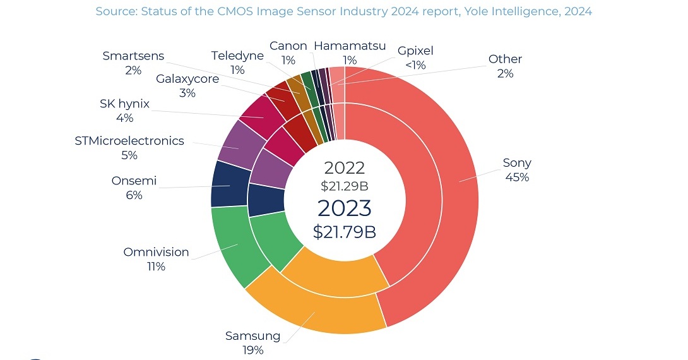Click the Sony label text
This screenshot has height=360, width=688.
(x=517, y=163)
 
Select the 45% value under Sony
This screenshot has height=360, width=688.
(x=517, y=177)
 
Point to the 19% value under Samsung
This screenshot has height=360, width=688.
(x=252, y=350)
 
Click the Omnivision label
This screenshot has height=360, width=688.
(x=156, y=252)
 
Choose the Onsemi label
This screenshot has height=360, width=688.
(x=134, y=181)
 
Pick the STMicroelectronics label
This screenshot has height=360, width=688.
(x=129, y=140)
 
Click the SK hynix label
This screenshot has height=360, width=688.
(x=124, y=104)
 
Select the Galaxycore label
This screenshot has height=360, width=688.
(x=187, y=79)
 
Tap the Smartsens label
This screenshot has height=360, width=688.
(x=133, y=56)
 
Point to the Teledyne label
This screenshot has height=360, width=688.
(x=237, y=56)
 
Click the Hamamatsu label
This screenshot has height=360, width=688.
(x=350, y=46)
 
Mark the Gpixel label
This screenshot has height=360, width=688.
(x=415, y=51)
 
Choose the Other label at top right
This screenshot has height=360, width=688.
(x=505, y=59)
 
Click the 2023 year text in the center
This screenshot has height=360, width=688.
(x=344, y=208)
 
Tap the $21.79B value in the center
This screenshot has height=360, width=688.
(x=344, y=232)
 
